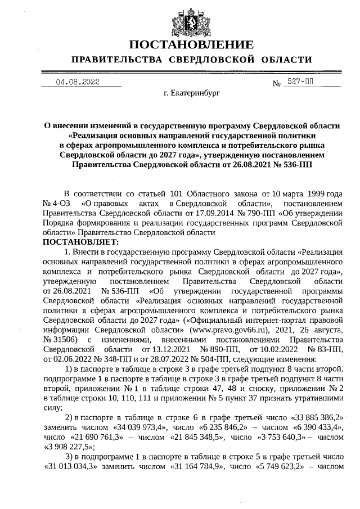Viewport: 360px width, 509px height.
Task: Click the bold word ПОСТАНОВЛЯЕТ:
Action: tap(78, 241)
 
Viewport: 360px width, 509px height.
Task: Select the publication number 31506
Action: tap(60, 339)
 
